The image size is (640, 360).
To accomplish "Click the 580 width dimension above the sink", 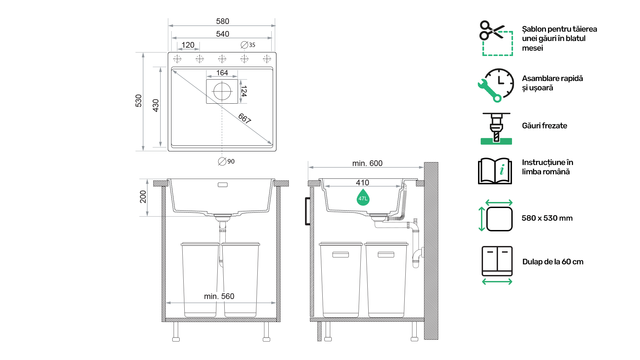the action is [222, 21].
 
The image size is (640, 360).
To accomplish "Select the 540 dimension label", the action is [222, 34].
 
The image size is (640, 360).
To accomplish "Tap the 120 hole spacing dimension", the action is [188, 45].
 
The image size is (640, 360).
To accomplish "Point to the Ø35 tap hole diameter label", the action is [248, 45].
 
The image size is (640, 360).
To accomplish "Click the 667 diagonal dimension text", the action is [245, 118].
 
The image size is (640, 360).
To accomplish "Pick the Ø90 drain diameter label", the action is [226, 161].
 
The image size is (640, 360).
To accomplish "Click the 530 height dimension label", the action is [139, 101].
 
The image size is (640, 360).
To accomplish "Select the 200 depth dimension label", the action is [143, 197].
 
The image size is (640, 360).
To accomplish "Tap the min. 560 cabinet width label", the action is [219, 296].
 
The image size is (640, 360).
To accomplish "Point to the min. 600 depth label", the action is [367, 163].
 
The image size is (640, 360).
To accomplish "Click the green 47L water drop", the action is [363, 197].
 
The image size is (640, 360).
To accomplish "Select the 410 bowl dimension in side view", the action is [362, 183].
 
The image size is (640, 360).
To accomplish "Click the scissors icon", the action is [491, 30].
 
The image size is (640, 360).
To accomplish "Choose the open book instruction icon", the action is [495, 171].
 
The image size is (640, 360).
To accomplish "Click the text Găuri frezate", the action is [544, 126].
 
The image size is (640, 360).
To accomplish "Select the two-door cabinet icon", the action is [497, 261].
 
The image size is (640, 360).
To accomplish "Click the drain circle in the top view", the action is [222, 91].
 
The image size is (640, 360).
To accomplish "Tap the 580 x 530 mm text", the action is [547, 218].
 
